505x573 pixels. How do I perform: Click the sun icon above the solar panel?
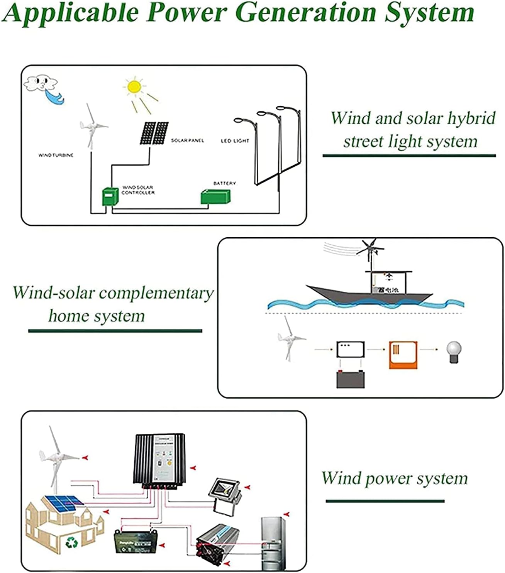[134, 86]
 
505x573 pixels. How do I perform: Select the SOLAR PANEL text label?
[187, 140]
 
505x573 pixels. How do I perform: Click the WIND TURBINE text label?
[56, 155]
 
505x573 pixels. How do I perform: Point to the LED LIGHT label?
[235, 141]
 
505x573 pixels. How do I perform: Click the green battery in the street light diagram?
[215, 197]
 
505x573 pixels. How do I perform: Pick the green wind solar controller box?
[110, 196]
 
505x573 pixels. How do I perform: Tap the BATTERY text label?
[224, 183]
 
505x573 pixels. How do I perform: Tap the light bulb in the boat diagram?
[454, 351]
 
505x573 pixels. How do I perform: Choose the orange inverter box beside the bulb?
[403, 355]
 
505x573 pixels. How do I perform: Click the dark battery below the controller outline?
[351, 379]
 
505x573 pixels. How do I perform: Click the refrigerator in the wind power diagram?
[273, 543]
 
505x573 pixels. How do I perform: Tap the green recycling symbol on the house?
[71, 543]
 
